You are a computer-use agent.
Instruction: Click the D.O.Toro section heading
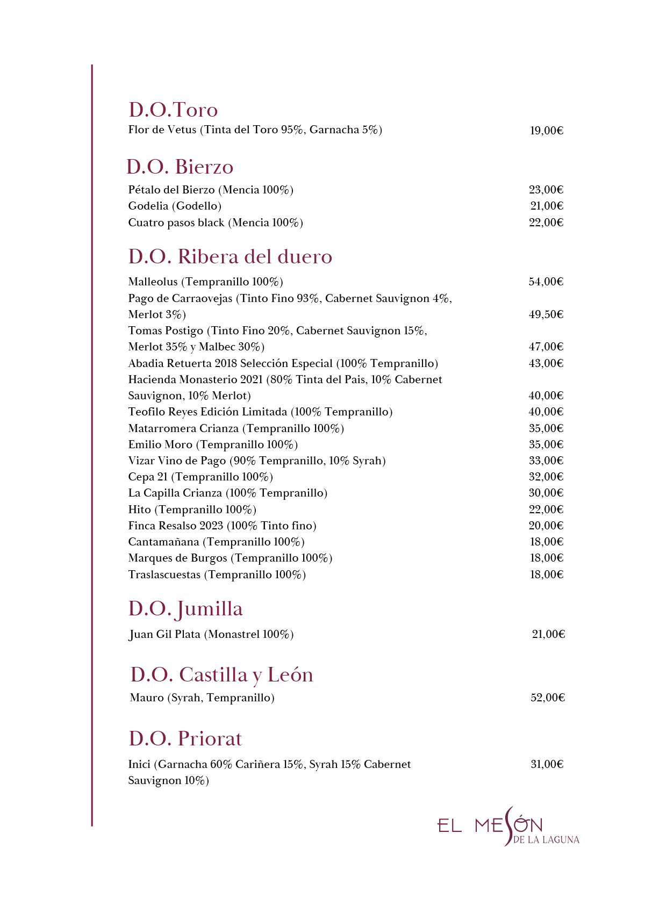tap(173, 110)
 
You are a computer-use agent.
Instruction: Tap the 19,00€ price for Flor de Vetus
tap(546, 131)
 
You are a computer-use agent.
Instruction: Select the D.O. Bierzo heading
tap(180, 167)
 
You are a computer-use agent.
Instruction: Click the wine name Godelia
tap(148, 206)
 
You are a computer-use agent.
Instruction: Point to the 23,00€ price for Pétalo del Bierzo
tap(546, 190)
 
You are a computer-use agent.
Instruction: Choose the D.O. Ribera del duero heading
tap(230, 256)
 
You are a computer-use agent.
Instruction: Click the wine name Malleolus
tap(153, 282)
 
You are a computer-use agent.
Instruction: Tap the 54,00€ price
tap(546, 282)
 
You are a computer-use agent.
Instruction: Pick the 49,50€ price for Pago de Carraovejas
tap(546, 314)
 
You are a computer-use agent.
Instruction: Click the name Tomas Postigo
tap(166, 331)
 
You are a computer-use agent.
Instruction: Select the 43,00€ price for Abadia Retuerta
tap(546, 363)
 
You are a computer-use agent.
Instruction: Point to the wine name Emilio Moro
tap(160, 444)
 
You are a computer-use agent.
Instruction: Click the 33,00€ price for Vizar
tap(546, 461)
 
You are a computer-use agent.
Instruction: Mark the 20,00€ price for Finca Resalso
tap(546, 526)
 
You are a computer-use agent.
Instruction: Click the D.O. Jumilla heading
tap(185, 609)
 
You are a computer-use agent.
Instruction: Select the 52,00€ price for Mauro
tap(547, 698)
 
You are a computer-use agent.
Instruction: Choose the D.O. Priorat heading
tap(185, 738)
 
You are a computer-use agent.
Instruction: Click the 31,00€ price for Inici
tap(547, 764)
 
